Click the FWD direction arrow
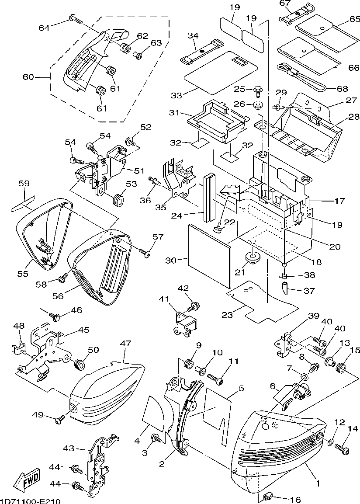[x=27, y=480]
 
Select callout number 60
[x=28, y=78]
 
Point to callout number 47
[x=125, y=344]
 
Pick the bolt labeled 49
[x=59, y=420]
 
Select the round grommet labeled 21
[x=252, y=257]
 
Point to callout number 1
[x=318, y=484]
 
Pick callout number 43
[x=69, y=448]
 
